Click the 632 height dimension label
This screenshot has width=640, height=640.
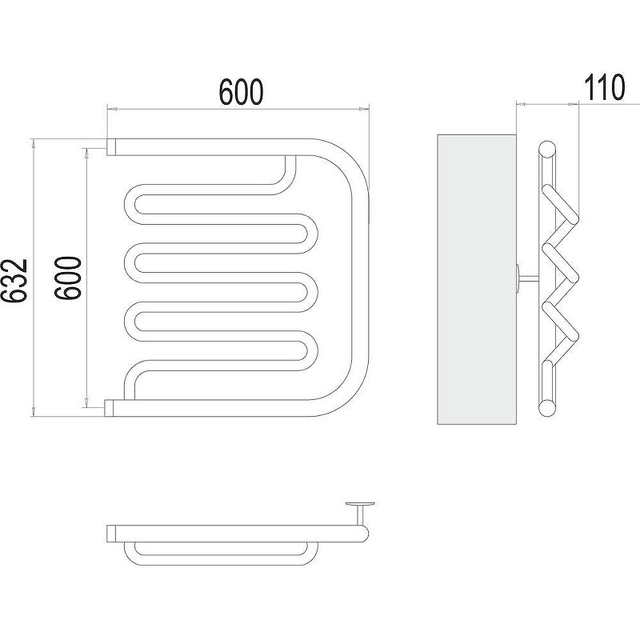(14, 281)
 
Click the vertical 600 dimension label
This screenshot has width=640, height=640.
(69, 278)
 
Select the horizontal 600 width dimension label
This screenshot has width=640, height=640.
(242, 92)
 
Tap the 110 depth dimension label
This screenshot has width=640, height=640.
(605, 87)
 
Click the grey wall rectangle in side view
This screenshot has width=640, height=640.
(477, 279)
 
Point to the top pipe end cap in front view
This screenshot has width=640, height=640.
(111, 147)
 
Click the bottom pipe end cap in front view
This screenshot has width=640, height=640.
(109, 408)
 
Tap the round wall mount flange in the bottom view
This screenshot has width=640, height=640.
(360, 505)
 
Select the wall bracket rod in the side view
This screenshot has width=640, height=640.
(528, 278)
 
